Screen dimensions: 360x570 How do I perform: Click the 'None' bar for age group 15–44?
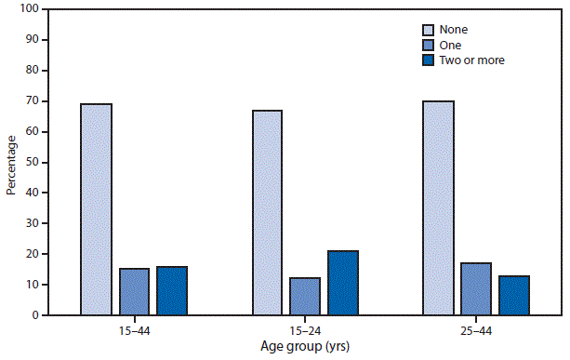96,209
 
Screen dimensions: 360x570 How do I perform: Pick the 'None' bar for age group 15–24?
267,212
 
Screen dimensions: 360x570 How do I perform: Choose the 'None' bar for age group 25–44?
438,207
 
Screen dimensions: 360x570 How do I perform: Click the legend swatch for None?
430,29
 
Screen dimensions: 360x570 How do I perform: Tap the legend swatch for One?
430,44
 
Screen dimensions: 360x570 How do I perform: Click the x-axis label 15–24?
304,329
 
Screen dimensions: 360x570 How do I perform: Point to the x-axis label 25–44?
475,329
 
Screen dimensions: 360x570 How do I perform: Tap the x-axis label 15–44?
133,329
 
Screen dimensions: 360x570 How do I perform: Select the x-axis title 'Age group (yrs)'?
304,346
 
